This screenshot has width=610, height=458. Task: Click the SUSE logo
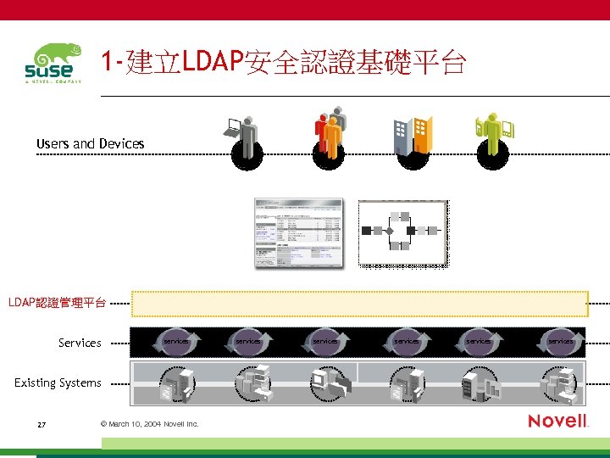tap(53, 64)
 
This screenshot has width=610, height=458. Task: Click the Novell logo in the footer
tap(557, 421)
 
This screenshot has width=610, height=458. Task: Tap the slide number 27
tap(42, 423)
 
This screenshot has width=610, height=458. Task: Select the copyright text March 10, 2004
tap(149, 423)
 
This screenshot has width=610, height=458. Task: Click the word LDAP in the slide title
tap(212, 62)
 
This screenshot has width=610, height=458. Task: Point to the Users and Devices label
tap(90, 143)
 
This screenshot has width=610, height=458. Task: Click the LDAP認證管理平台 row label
tap(57, 303)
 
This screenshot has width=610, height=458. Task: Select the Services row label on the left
tap(80, 343)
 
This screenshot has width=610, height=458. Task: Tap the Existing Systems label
tap(58, 383)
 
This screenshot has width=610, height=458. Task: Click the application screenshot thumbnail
tap(299, 233)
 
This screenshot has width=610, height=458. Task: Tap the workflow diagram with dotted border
tap(402, 233)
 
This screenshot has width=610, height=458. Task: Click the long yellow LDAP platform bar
tap(359, 304)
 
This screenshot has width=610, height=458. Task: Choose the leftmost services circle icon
tap(176, 341)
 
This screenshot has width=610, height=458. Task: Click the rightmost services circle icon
tap(560, 341)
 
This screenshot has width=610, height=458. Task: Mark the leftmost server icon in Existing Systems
tap(176, 384)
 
